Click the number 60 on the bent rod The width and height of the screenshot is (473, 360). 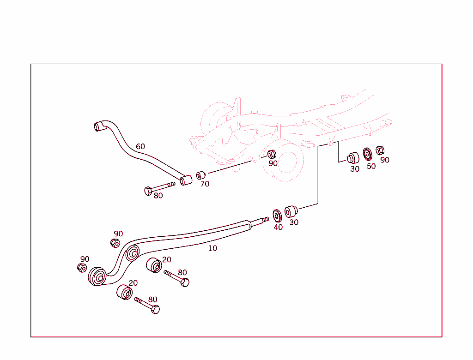click(x=140, y=147)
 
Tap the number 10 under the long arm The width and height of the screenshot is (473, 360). click(x=212, y=248)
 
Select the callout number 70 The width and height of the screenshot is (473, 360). click(x=205, y=184)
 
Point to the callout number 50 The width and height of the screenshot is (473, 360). click(x=371, y=167)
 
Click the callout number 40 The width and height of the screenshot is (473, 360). click(x=278, y=227)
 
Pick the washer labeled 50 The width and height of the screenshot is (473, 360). click(x=368, y=153)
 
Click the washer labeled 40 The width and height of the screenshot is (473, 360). click(x=278, y=215)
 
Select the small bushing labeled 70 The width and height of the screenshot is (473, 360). click(x=200, y=175)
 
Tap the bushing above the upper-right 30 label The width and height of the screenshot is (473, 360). click(x=353, y=157)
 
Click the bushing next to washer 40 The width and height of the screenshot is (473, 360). click(x=291, y=212)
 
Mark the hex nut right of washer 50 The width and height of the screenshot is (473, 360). click(x=380, y=150)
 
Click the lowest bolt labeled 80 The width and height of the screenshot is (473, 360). click(x=147, y=305)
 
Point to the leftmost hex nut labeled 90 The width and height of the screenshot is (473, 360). click(x=82, y=268)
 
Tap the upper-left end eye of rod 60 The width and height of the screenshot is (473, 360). click(x=98, y=126)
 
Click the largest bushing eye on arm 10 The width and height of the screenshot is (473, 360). click(x=97, y=276)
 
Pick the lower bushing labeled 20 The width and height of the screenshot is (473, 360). click(x=124, y=292)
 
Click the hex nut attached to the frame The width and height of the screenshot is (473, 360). click(x=272, y=154)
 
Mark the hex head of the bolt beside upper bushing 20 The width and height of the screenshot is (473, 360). click(x=184, y=282)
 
